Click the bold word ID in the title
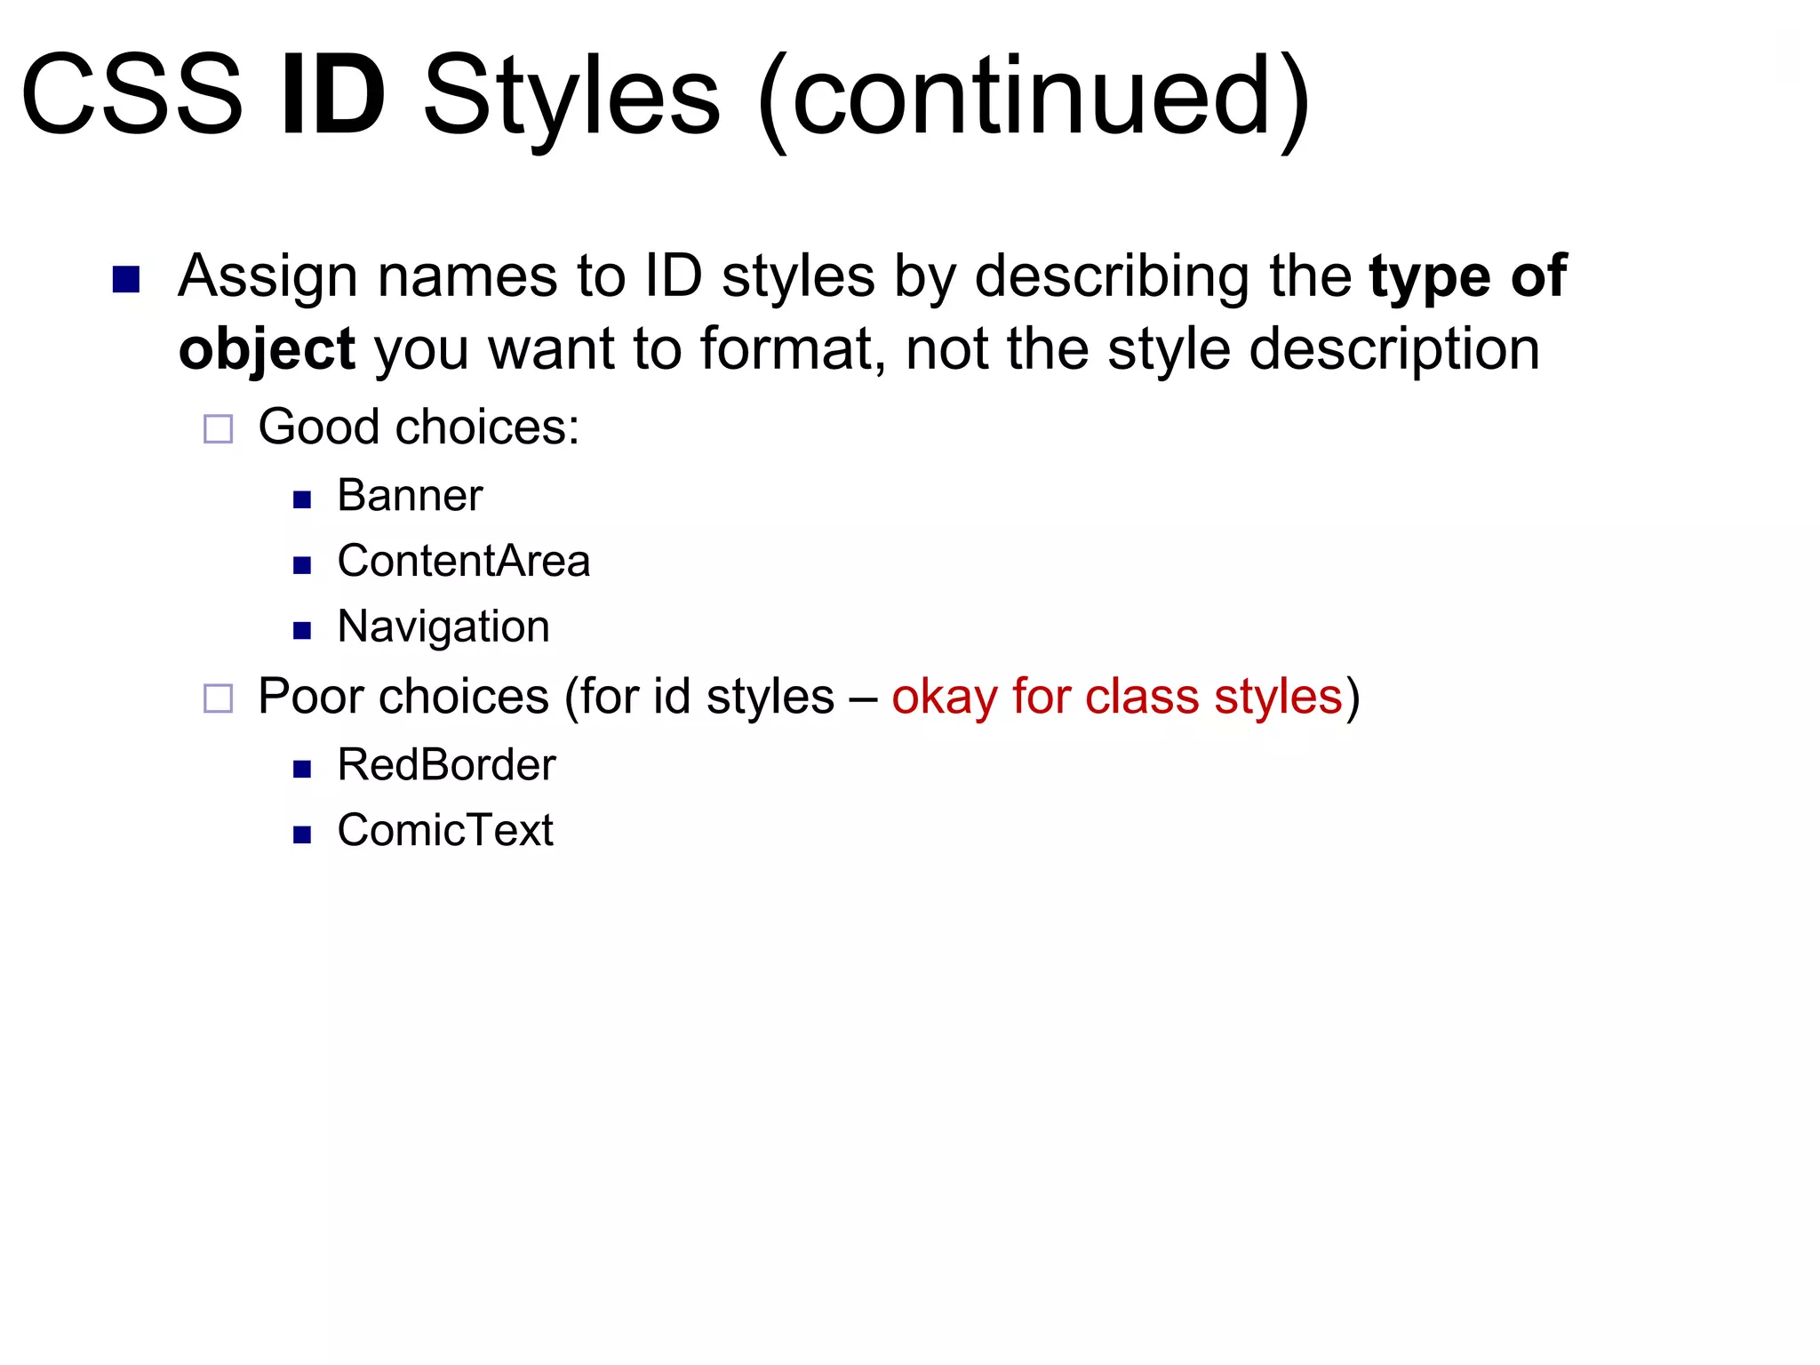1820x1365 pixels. [x=333, y=95]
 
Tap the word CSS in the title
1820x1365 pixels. [x=132, y=95]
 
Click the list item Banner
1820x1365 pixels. [x=410, y=496]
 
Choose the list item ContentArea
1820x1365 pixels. [x=463, y=562]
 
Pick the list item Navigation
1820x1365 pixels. [x=443, y=627]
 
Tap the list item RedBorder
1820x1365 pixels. [x=446, y=765]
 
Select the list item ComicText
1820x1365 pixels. [x=445, y=831]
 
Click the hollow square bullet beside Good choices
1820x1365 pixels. [x=219, y=429]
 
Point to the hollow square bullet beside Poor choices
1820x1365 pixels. [x=219, y=698]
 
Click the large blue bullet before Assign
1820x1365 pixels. [x=126, y=280]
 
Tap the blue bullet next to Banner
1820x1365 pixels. [x=302, y=499]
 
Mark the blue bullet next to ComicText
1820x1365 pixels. [x=302, y=834]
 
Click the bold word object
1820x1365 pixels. [x=267, y=349]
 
